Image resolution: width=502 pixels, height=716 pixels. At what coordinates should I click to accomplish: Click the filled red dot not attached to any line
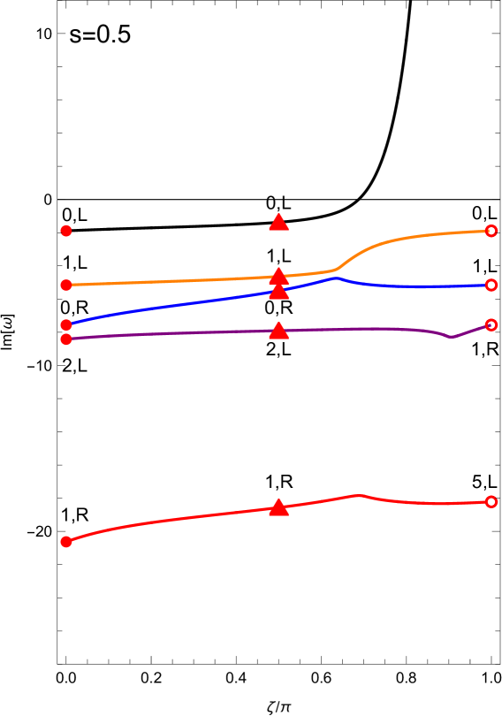(66, 231)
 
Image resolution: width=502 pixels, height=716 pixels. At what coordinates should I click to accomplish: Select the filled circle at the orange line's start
(66, 285)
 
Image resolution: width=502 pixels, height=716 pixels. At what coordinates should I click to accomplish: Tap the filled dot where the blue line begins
(66, 324)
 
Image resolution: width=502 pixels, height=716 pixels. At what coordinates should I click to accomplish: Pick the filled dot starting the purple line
(66, 339)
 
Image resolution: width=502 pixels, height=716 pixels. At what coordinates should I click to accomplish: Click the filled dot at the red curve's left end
(66, 541)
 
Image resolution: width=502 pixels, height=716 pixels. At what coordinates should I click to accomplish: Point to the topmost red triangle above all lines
(278, 223)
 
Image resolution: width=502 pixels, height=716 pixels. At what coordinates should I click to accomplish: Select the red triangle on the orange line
(278, 276)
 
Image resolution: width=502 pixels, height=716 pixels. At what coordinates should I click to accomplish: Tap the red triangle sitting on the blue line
(278, 291)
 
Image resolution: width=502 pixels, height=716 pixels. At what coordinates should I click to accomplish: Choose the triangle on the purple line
(278, 331)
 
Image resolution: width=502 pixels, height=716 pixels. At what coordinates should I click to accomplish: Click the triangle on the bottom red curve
(278, 507)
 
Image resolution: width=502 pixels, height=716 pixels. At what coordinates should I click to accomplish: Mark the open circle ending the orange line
(491, 231)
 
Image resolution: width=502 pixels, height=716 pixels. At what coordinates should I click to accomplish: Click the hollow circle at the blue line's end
(491, 285)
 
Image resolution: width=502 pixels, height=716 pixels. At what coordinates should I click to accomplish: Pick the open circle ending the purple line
(491, 324)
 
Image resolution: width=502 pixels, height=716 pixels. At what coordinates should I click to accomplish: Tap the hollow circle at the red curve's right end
(491, 501)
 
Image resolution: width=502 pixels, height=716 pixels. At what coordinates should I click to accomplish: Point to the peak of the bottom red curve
(356, 495)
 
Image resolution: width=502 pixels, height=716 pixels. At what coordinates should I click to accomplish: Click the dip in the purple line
(452, 337)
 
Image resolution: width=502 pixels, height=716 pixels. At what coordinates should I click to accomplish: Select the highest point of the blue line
(336, 278)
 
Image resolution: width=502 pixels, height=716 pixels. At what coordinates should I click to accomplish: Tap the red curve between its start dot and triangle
(168, 520)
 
